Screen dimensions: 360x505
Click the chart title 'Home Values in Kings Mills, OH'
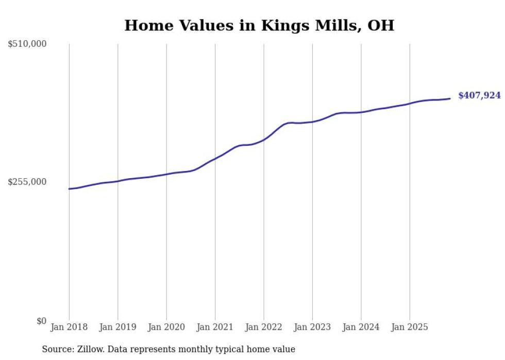point(259,26)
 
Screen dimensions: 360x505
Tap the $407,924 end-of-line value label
point(479,95)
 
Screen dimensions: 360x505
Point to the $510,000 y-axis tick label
point(27,44)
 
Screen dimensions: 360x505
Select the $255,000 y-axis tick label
point(27,182)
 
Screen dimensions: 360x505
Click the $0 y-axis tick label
point(41,321)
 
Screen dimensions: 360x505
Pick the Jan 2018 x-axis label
point(69,327)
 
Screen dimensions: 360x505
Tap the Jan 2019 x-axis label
point(117,327)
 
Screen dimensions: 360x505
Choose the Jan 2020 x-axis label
point(166,327)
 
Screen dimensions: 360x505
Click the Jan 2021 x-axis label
point(215,327)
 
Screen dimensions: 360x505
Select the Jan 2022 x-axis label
point(264,327)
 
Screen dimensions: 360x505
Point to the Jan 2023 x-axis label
point(312,327)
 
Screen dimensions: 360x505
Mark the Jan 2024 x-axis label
point(361,327)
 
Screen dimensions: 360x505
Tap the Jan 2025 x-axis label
point(410,327)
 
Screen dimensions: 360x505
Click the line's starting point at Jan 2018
point(69,189)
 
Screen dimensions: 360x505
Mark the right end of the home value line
point(450,98)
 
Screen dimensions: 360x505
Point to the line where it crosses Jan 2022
point(264,139)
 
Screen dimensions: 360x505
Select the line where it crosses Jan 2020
point(166,174)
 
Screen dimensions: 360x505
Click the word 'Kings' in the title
point(280,26)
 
